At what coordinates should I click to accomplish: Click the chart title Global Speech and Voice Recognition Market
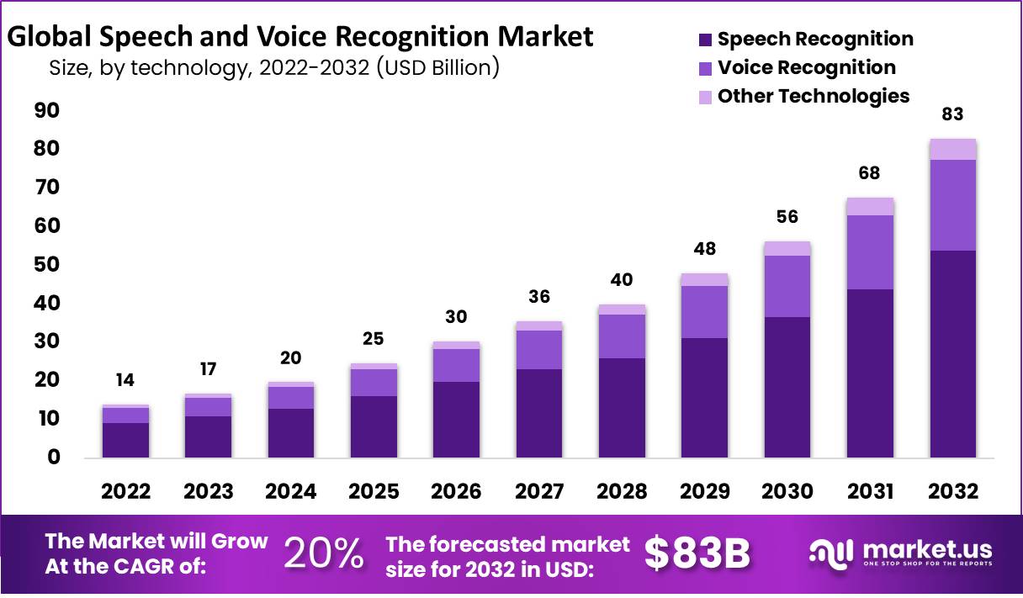pyautogui.click(x=299, y=37)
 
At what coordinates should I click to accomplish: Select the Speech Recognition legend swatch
pyautogui.click(x=706, y=40)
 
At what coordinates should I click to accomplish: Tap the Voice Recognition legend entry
pyautogui.click(x=806, y=67)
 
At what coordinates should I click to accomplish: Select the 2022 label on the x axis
pyautogui.click(x=125, y=492)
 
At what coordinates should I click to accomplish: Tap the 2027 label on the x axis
pyautogui.click(x=538, y=492)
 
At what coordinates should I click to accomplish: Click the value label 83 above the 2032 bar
pyautogui.click(x=952, y=115)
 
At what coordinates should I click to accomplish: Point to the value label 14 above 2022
pyautogui.click(x=125, y=380)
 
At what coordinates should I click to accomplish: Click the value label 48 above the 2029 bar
pyautogui.click(x=704, y=250)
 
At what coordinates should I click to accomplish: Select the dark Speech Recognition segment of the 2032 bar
pyautogui.click(x=952, y=353)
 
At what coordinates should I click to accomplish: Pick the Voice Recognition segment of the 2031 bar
pyautogui.click(x=870, y=252)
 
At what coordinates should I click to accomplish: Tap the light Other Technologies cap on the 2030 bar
pyautogui.click(x=787, y=248)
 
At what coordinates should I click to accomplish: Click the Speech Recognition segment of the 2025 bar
pyautogui.click(x=374, y=426)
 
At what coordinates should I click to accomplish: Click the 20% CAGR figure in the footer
pyautogui.click(x=324, y=553)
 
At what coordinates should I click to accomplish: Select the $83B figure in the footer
pyautogui.click(x=697, y=553)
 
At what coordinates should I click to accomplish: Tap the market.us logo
pyautogui.click(x=901, y=553)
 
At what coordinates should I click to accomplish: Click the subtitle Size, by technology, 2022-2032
pyautogui.click(x=274, y=67)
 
